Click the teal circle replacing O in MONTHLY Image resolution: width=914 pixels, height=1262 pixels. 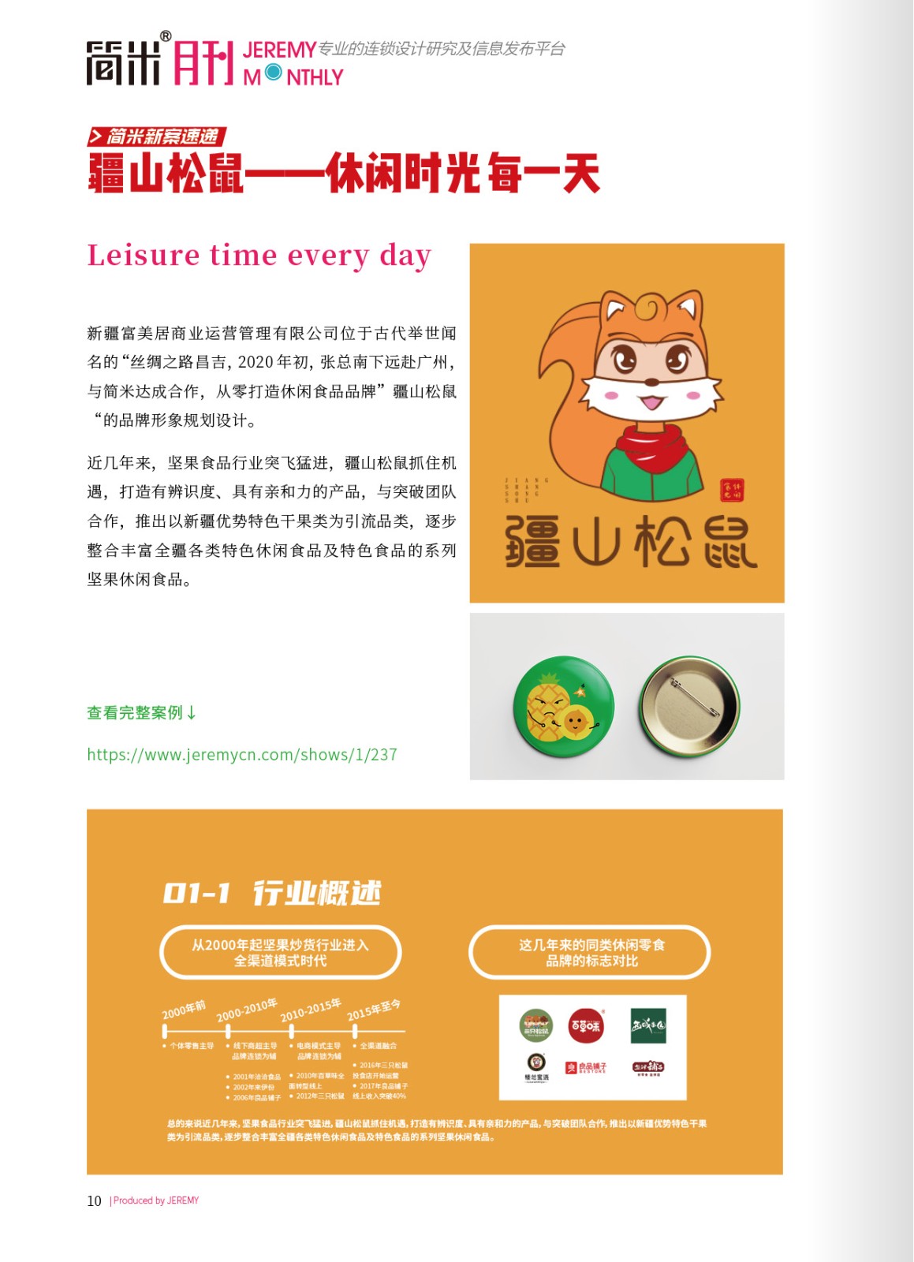point(274,73)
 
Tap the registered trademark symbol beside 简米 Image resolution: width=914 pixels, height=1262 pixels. point(166,36)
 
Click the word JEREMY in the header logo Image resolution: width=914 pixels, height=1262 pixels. point(279,50)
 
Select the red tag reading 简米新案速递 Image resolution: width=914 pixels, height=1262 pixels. point(157,136)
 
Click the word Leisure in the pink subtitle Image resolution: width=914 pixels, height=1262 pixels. point(144,256)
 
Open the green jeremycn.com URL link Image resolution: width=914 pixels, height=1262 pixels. point(242,755)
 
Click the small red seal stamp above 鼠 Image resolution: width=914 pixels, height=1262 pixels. point(732,491)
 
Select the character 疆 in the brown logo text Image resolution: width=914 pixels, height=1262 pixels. point(533,542)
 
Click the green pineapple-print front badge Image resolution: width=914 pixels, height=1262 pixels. point(563,707)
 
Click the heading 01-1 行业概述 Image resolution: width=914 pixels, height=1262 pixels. point(272,893)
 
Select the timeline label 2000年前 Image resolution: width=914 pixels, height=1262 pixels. point(184,1010)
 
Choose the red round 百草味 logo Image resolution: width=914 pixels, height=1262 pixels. point(586,1025)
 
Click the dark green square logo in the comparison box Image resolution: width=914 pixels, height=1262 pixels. point(648,1025)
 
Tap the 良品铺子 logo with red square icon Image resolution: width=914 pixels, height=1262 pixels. point(586,1068)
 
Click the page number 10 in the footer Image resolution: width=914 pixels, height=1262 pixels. point(94,1200)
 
